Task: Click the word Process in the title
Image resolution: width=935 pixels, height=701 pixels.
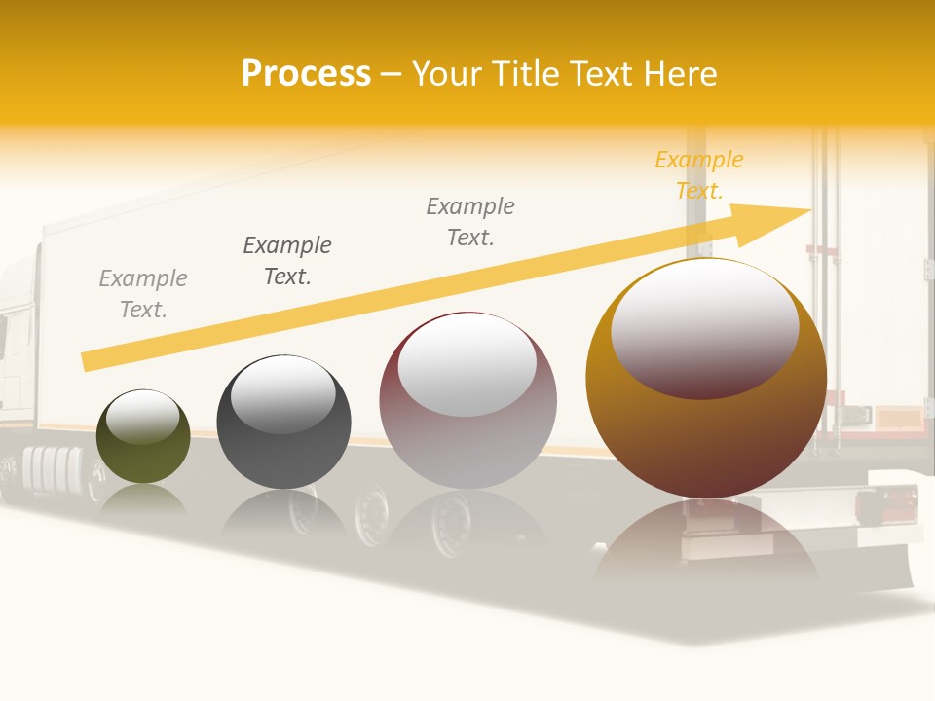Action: pos(306,74)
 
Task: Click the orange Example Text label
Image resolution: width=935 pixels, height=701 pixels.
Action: pos(699,175)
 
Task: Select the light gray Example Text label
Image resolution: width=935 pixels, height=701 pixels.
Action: pos(143,294)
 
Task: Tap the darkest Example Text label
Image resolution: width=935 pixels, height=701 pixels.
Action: pos(287,261)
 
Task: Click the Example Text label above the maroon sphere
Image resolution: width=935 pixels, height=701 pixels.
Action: pos(470,222)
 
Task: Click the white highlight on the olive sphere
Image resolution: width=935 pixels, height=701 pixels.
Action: pos(142,416)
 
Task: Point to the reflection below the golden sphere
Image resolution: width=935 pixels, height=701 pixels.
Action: pos(706,545)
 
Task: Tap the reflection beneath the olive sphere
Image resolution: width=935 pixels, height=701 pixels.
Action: pos(143,498)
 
